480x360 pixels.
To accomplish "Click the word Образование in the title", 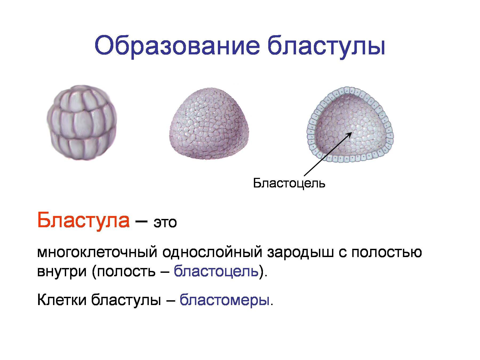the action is pos(177,47).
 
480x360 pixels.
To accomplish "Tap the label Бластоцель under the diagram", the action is pos(289,183).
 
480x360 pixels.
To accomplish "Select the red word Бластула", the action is pos(83,220).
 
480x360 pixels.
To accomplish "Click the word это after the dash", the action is pos(165,223).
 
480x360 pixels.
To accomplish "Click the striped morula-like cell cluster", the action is pos(82,123).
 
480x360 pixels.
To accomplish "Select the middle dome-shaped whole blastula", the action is pos(210,124).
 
